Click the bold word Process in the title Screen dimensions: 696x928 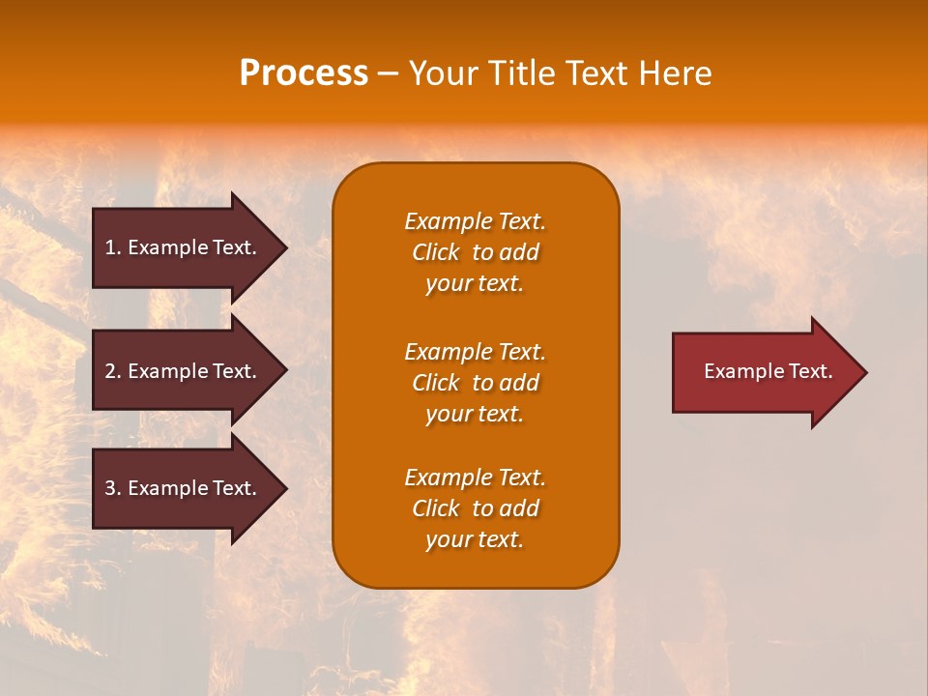[x=304, y=73]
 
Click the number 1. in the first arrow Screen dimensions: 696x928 [x=113, y=247]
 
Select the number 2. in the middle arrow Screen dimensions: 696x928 [x=113, y=371]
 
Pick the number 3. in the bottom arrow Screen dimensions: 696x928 [x=113, y=488]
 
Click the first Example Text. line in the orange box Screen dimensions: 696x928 [x=475, y=221]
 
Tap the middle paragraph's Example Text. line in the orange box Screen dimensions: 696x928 [x=475, y=351]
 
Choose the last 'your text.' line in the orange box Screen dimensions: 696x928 [x=475, y=540]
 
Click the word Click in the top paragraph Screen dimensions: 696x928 [x=435, y=252]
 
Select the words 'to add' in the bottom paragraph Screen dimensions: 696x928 [x=506, y=508]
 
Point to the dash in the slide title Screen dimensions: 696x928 [x=388, y=73]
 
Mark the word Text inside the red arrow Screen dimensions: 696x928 [x=810, y=371]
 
